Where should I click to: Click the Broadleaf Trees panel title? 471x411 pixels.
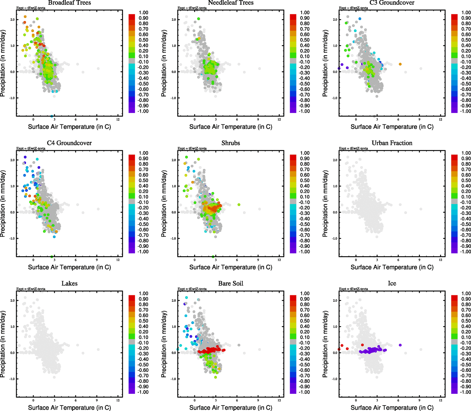tap(70, 3)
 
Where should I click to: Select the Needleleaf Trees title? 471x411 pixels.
tap(231, 3)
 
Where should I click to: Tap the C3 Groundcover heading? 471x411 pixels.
tap(392, 3)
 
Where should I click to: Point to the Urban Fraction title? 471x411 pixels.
tap(392, 143)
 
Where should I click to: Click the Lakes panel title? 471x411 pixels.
tap(70, 284)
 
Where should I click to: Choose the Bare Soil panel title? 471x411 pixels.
tap(231, 284)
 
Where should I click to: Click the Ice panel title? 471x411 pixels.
tap(392, 284)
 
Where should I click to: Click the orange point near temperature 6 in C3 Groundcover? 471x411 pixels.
tap(400, 64)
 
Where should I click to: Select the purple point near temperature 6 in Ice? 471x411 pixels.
tap(400, 345)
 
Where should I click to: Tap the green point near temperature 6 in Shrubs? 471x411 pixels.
tap(239, 205)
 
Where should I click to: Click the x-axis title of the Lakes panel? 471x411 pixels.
tap(70, 408)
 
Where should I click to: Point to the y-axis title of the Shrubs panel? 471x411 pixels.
tap(164, 204)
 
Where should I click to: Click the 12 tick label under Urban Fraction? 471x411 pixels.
tap(440, 260)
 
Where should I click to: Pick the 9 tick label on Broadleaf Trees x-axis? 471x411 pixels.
tap(97, 120)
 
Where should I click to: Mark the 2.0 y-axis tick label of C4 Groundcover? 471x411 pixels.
tap(12, 160)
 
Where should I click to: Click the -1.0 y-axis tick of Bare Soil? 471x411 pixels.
tap(173, 379)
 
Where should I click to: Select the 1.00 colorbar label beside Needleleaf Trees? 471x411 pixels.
tap(305, 13)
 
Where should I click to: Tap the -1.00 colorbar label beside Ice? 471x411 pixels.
tap(466, 392)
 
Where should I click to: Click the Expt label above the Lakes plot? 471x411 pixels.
tap(31, 289)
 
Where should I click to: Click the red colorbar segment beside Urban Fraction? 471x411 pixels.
tap(454, 157)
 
